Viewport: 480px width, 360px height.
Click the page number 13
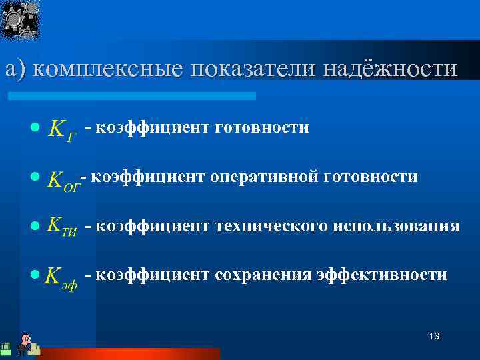coord(434,336)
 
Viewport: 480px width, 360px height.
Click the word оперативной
coord(267,177)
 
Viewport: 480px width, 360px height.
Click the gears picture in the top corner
coord(20,20)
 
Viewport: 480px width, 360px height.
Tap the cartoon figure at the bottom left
coord(25,343)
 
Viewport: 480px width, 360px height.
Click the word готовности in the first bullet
coord(262,127)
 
